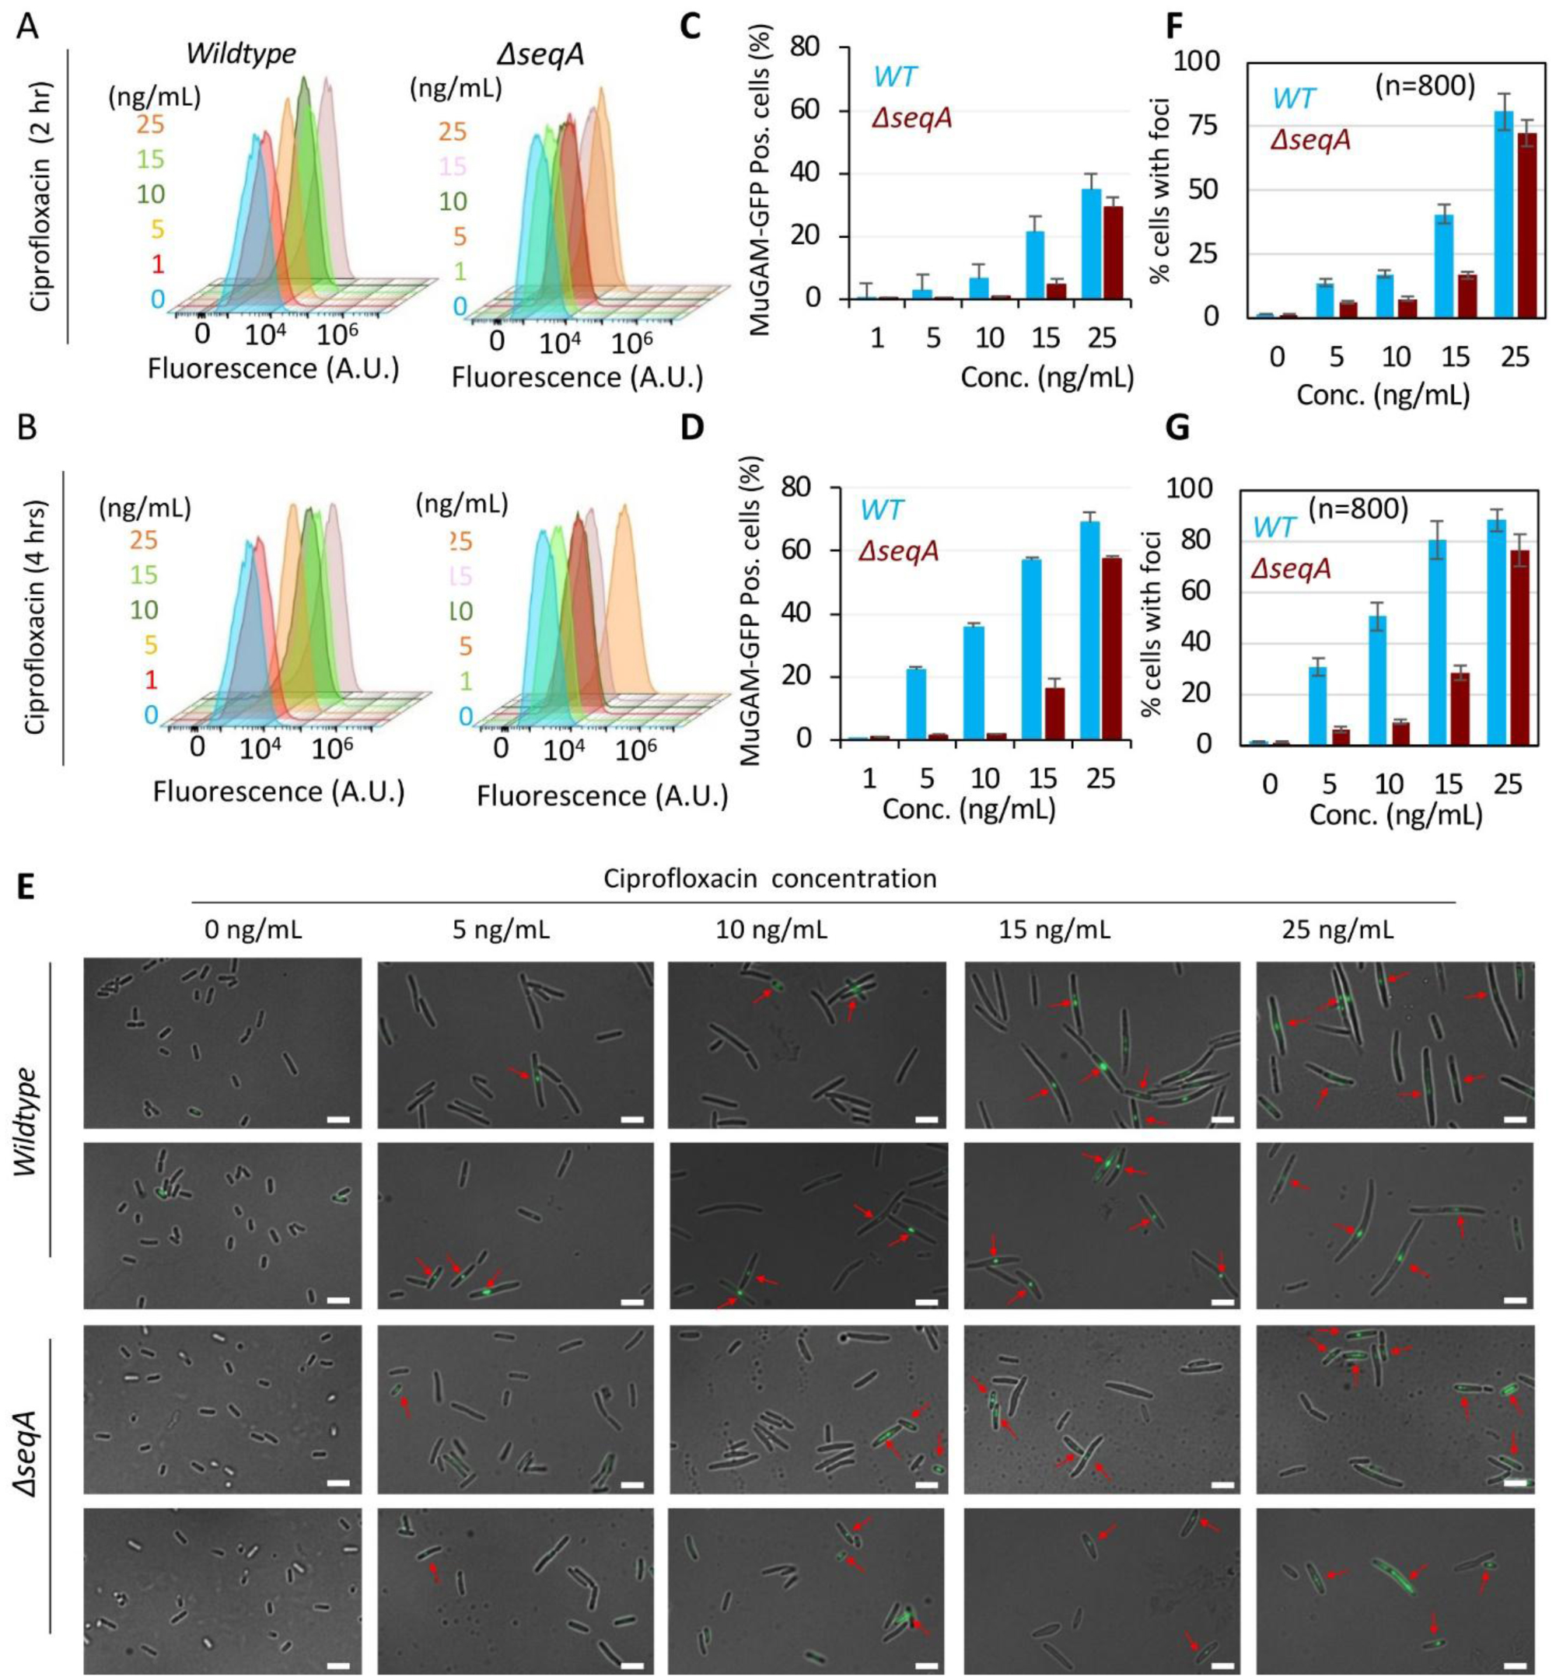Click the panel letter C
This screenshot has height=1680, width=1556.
click(690, 28)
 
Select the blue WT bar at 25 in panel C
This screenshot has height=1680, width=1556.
click(1091, 244)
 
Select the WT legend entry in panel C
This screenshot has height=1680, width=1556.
click(895, 77)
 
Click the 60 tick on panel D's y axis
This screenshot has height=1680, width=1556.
click(800, 550)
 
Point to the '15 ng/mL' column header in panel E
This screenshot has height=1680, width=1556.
click(1054, 930)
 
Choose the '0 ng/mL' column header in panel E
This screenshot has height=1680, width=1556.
click(253, 930)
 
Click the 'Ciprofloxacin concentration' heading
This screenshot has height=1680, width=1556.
click(770, 878)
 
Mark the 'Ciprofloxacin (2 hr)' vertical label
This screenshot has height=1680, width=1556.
click(40, 195)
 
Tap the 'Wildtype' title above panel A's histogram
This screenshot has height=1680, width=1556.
click(241, 54)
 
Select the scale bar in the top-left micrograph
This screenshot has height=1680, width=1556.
click(337, 1119)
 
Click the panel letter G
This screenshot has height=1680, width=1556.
click(1177, 428)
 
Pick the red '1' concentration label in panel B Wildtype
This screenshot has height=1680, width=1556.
click(151, 679)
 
